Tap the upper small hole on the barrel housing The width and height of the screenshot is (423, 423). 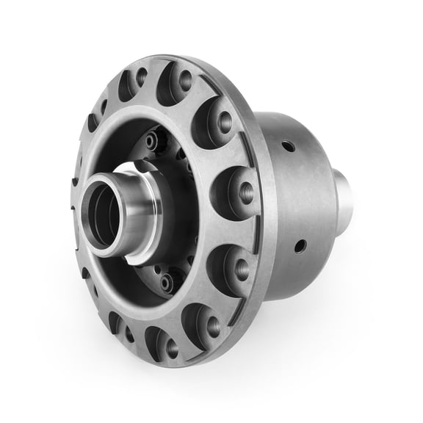point(289,146)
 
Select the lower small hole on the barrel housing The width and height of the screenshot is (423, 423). point(300,245)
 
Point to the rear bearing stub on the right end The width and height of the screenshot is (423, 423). point(344,198)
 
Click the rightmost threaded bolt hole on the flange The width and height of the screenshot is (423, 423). point(247,193)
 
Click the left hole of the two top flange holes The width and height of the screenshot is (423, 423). point(141,75)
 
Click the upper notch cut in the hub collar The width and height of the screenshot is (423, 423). point(140,170)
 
